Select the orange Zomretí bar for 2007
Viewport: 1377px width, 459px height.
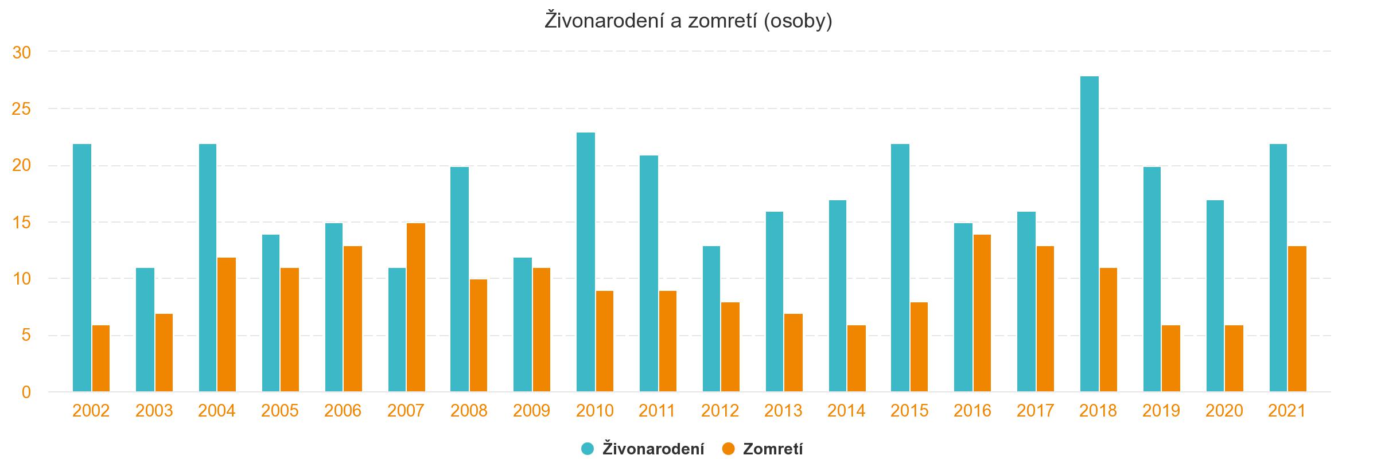[x=415, y=308]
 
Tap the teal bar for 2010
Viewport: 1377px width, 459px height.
[x=585, y=262]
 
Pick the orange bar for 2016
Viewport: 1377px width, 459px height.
[x=981, y=313]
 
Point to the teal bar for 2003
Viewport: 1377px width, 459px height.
[x=145, y=330]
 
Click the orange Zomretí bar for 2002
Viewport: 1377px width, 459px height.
[x=101, y=359]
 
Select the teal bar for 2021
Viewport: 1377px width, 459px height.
[x=1278, y=268]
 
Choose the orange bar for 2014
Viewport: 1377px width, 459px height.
[x=856, y=359]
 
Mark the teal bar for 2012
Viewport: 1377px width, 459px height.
[x=711, y=319]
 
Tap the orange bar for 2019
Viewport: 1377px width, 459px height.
[x=1170, y=359]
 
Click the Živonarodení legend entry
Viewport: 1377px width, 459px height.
[x=653, y=449]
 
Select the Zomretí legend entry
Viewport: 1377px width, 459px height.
[x=772, y=449]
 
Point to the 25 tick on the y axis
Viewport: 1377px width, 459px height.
[x=21, y=109]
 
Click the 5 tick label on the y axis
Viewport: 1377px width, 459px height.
[x=26, y=336]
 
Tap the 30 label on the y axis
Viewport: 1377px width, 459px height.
[x=21, y=53]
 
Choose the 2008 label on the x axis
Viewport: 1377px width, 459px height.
[x=469, y=411]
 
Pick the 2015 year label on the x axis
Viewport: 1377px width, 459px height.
[x=909, y=411]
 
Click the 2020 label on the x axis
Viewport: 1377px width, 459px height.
[x=1224, y=411]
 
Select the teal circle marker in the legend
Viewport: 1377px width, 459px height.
[x=588, y=449]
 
